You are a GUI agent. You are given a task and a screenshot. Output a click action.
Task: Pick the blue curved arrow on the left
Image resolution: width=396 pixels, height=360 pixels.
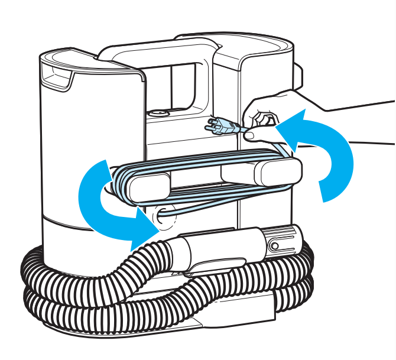pos(95,201)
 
